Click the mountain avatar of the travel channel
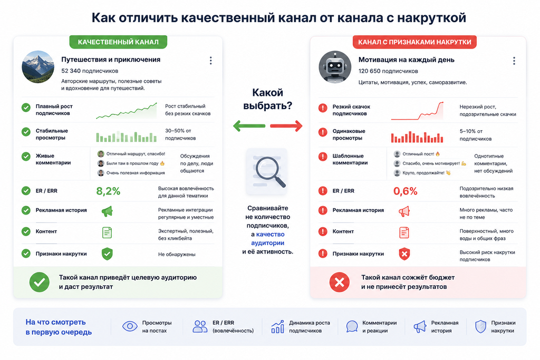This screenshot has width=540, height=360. pyautogui.click(x=38, y=67)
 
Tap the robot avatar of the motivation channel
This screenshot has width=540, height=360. pyautogui.click(x=335, y=67)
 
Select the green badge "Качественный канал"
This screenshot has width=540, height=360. pyautogui.click(x=118, y=42)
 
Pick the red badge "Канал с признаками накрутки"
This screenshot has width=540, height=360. pyautogui.click(x=414, y=42)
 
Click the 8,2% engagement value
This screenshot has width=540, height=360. pyautogui.click(x=108, y=191)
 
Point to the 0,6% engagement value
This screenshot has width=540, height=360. pyautogui.click(x=406, y=191)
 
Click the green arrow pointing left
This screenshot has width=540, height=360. pyautogui.click(x=249, y=126)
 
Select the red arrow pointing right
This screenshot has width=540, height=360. pyautogui.click(x=286, y=126)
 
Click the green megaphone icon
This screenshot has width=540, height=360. pyautogui.click(x=107, y=211)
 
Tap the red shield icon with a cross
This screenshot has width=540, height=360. pyautogui.click(x=404, y=254)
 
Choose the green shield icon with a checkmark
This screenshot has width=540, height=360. pyautogui.click(x=107, y=254)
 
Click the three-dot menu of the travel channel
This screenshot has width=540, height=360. pyautogui.click(x=211, y=61)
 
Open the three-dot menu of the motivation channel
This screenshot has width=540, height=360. pyautogui.click(x=514, y=61)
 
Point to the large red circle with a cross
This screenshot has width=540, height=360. pyautogui.click(x=340, y=282)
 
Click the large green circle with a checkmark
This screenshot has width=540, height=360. pyautogui.click(x=39, y=282)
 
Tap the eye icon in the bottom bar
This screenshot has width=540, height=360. pyautogui.click(x=130, y=326)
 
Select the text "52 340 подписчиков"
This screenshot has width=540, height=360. pyautogui.click(x=90, y=71)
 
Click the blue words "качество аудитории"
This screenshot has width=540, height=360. pyautogui.click(x=267, y=239)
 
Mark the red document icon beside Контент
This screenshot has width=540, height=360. pyautogui.click(x=404, y=232)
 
